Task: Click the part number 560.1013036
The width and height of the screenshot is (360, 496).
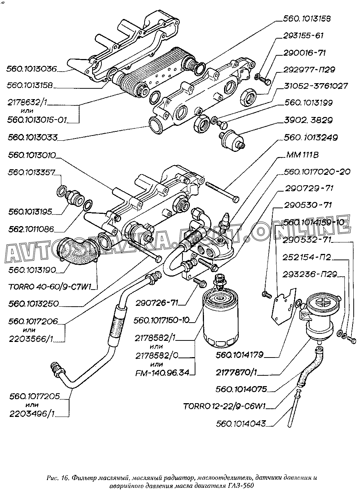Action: tap(32, 69)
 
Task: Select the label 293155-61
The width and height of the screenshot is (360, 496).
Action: tap(304, 36)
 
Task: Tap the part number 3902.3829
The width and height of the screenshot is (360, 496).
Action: tap(309, 120)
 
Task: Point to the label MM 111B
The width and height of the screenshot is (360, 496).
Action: tap(302, 155)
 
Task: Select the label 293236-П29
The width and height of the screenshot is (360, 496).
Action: tap(309, 275)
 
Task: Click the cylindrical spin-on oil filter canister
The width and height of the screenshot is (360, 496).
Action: tap(219, 317)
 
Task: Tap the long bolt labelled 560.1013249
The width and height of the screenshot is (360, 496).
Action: tap(221, 192)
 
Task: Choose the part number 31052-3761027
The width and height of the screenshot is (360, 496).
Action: tap(315, 86)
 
